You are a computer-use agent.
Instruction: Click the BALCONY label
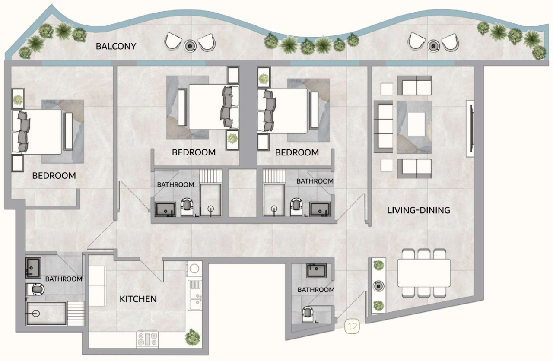pyautogui.click(x=116, y=46)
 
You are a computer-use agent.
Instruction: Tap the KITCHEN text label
pyautogui.click(x=138, y=299)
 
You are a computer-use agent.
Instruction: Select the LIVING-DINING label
pyautogui.click(x=418, y=210)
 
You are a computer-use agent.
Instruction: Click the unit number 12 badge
pyautogui.click(x=353, y=326)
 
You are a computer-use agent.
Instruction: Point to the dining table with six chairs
pyautogui.click(x=423, y=272)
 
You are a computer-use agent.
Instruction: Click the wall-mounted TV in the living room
pyautogui.click(x=469, y=129)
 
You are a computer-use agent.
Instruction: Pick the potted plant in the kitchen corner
pyautogui.click(x=191, y=337)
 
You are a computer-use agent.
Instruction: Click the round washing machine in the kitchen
pyautogui.click(x=194, y=269)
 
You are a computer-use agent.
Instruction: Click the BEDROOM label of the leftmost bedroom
pyautogui.click(x=54, y=176)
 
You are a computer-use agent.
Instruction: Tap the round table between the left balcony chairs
pyautogui.click(x=189, y=45)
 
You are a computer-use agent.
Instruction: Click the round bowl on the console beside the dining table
pyautogui.click(x=378, y=285)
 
